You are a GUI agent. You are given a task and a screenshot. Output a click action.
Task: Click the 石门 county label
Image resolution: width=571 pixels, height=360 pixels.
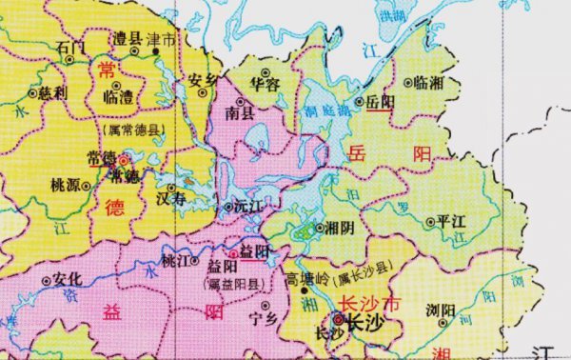[x=71, y=47]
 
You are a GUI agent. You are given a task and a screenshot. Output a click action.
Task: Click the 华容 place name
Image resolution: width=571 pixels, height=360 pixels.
[x=266, y=84]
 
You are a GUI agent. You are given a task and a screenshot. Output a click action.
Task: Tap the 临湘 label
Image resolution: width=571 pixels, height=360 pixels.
[x=431, y=84]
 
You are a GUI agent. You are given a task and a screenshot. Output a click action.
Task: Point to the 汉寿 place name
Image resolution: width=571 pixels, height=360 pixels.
[x=171, y=198]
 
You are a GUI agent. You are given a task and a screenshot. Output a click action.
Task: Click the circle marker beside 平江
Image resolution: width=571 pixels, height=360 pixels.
[x=429, y=222]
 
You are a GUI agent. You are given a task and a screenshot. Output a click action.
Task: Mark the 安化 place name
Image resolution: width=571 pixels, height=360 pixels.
[x=70, y=280]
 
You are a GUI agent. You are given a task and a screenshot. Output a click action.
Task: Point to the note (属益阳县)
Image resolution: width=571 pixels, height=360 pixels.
[x=235, y=284]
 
